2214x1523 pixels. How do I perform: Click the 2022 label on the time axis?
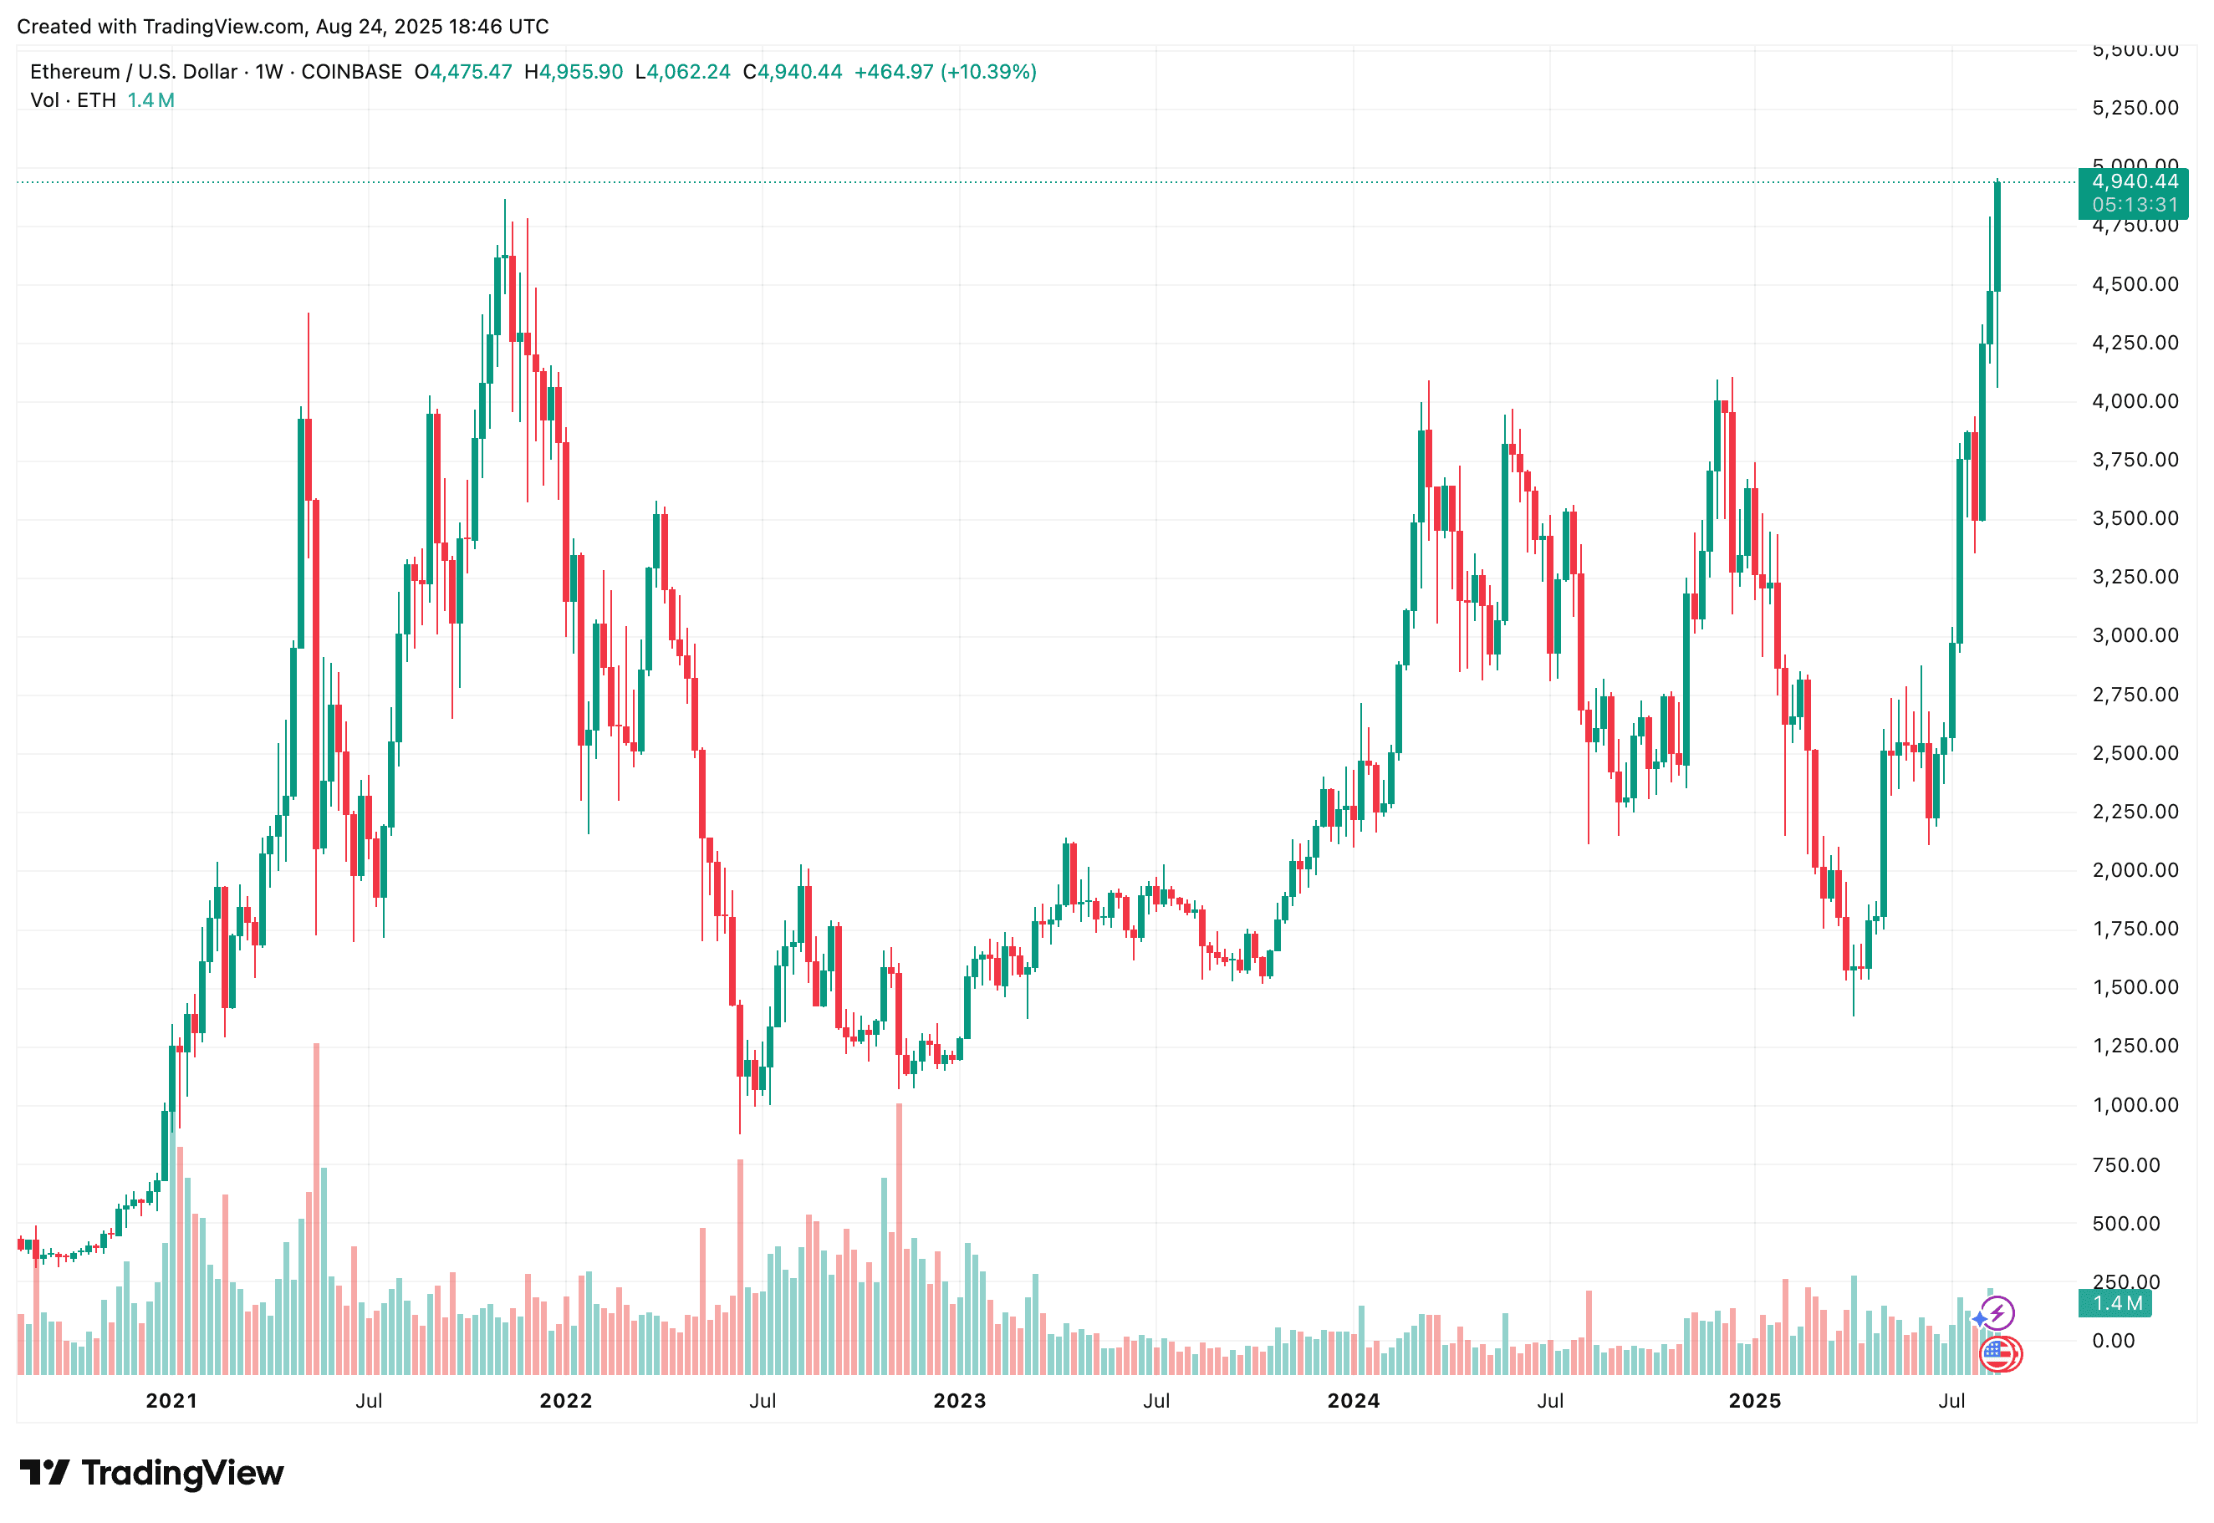565,1400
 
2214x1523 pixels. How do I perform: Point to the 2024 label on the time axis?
1352,1400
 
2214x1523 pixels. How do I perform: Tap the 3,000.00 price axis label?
2135,635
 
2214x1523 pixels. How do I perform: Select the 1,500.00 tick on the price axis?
2135,986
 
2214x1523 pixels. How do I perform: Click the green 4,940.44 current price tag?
2134,181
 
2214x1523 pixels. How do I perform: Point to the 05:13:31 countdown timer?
2134,205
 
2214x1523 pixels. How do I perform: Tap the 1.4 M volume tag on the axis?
2115,1302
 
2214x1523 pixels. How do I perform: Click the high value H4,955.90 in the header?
573,72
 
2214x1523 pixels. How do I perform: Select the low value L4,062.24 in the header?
682,72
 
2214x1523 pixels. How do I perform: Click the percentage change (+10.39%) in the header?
987,72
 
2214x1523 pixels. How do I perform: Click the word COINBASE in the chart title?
351,72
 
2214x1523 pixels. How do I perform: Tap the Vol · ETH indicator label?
73,100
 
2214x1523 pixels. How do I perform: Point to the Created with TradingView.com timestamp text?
283,26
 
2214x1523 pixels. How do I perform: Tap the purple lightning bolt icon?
1997,1313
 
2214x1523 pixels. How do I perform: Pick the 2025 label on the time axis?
1754,1400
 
